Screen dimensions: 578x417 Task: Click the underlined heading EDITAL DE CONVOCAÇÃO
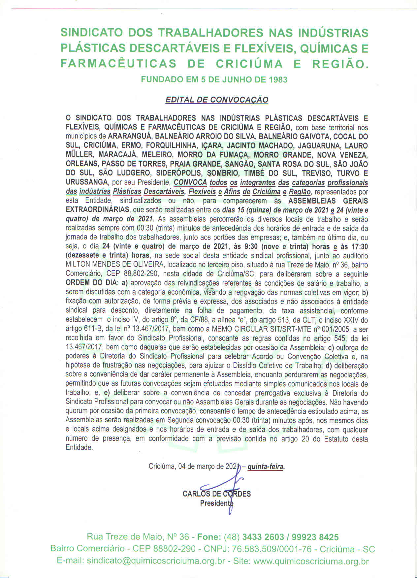coord(216,100)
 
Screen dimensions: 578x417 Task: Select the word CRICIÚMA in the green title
coord(249,64)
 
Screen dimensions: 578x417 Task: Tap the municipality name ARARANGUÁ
coord(130,136)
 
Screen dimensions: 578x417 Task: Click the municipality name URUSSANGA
coord(87,182)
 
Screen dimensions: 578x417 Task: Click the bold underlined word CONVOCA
coord(190,182)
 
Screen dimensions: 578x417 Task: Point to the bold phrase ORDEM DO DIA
coord(91,283)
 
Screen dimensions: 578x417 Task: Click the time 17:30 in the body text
coord(359,246)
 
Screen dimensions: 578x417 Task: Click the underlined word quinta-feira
coord(266,467)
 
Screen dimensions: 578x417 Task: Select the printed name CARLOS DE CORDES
coord(216,494)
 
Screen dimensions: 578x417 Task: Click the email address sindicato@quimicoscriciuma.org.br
coord(156,561)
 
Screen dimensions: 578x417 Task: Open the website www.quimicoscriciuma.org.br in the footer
coord(311,561)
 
